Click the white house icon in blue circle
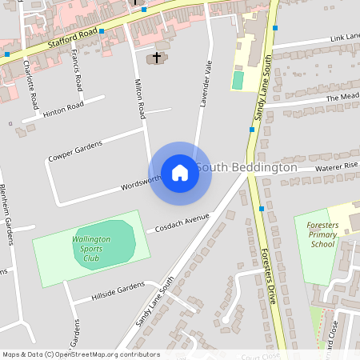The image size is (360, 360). tap(179, 172)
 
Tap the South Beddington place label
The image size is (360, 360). tap(246, 168)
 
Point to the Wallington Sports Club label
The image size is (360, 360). tap(91, 248)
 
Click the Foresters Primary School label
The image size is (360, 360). tap(322, 234)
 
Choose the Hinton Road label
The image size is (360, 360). tap(64, 107)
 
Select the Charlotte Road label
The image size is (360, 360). tap(31, 83)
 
